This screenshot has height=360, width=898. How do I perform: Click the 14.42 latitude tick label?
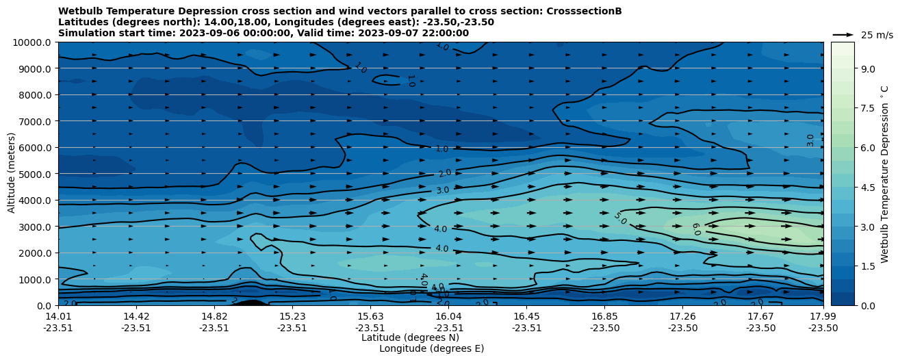(x=136, y=316)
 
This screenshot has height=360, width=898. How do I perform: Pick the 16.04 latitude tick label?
(x=448, y=316)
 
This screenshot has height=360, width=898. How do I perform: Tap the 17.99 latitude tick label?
(x=823, y=316)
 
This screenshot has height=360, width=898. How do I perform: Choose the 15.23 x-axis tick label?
(x=292, y=316)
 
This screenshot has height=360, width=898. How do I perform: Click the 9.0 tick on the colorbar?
(x=867, y=68)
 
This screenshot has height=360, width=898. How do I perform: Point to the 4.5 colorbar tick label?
(x=867, y=187)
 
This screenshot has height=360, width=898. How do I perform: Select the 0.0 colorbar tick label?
(x=867, y=305)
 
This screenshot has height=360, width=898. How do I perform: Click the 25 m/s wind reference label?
(x=877, y=35)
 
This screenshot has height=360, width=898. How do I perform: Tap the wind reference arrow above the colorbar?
(x=843, y=34)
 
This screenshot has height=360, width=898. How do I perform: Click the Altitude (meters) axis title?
(x=12, y=174)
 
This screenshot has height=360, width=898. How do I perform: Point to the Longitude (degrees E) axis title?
(x=431, y=348)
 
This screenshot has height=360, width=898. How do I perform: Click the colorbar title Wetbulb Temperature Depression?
(x=885, y=174)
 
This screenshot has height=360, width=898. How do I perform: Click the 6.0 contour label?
(x=695, y=229)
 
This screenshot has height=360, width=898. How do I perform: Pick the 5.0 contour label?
(x=619, y=218)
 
